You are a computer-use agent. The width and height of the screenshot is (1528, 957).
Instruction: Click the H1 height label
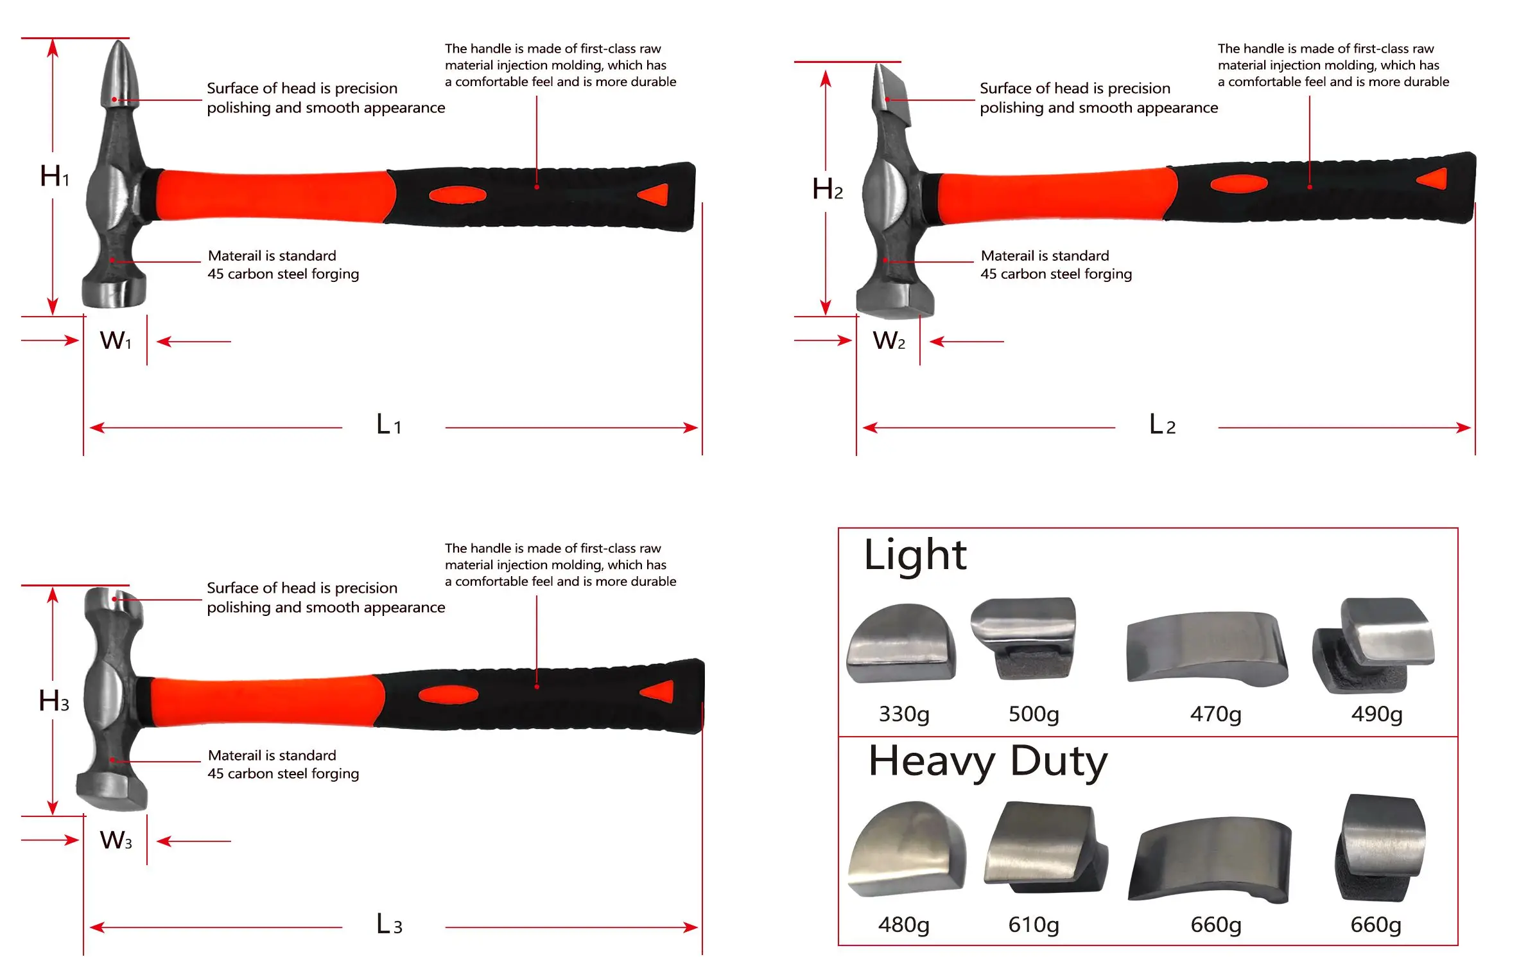[x=55, y=175]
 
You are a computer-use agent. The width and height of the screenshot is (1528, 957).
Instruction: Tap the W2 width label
[x=889, y=340]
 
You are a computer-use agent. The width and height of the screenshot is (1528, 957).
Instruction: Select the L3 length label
[x=389, y=924]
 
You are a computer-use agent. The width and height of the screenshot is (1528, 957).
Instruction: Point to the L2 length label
[x=1162, y=425]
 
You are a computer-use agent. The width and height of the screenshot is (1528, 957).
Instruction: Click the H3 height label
[x=54, y=701]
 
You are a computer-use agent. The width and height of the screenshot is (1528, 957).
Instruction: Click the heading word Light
[x=915, y=555]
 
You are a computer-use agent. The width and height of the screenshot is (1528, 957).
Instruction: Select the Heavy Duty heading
[x=988, y=762]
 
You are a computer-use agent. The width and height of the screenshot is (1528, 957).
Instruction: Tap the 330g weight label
[x=904, y=714]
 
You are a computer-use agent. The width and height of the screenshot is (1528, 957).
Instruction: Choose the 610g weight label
[x=1034, y=924]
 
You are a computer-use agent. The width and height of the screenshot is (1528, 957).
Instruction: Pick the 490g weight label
[x=1376, y=714]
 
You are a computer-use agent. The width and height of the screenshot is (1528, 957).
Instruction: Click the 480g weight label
[x=904, y=924]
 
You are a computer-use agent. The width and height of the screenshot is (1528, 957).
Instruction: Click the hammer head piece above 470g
[x=1207, y=647]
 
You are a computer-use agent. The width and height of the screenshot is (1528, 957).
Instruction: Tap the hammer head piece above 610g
[x=1043, y=847]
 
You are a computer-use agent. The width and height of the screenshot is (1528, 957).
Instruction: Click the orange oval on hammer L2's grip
[x=1238, y=184]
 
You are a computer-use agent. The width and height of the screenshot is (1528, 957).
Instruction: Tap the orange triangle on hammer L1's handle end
[x=655, y=194]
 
